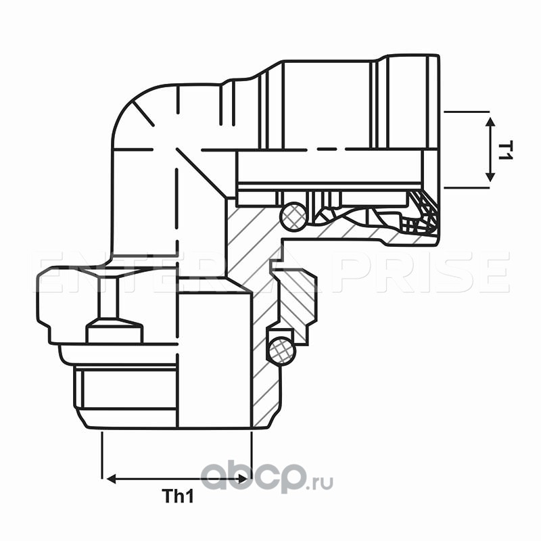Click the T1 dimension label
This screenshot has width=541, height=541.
point(504,149)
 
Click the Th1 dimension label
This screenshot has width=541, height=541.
point(179,497)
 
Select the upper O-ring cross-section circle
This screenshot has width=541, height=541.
point(294,216)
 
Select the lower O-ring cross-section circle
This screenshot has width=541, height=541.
point(279,350)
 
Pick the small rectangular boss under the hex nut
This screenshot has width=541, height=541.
point(114,333)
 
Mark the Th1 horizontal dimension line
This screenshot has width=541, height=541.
point(177,479)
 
